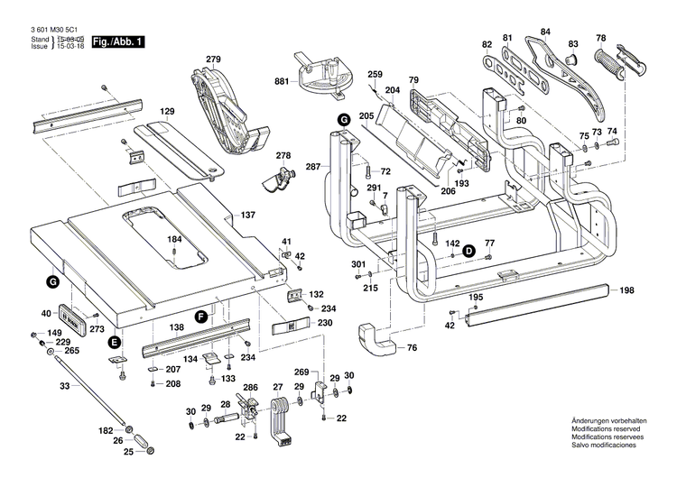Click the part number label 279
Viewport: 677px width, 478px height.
coord(212,60)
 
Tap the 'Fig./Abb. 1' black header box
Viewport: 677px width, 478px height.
coord(117,42)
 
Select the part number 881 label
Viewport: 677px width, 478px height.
coord(282,81)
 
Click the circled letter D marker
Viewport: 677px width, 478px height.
coord(469,252)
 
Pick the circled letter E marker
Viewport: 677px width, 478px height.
coord(114,342)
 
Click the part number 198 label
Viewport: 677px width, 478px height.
coord(627,290)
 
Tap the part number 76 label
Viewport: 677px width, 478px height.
coord(412,348)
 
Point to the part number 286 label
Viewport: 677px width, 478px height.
coord(250,388)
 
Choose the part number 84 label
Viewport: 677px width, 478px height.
coord(545,32)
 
